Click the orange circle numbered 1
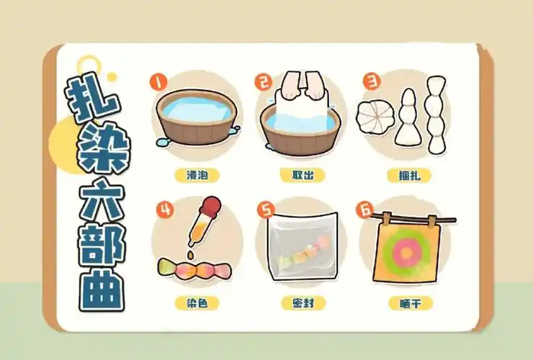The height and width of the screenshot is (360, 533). coord(158,81)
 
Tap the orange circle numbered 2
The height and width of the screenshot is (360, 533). coord(262,81)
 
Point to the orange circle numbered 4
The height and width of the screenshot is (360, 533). coord(166,210)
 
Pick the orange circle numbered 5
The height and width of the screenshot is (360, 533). coord(268,210)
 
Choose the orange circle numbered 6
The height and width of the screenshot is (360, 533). coord(365,210)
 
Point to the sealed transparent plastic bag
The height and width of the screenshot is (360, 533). coord(301,251)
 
